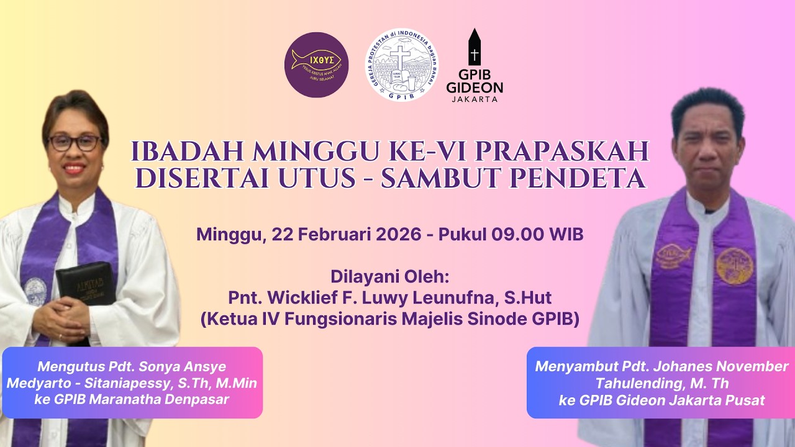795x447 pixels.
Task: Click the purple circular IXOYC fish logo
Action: coord(316,65)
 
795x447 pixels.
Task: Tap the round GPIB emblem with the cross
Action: coord(401,65)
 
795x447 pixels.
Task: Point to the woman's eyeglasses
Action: coord(75,143)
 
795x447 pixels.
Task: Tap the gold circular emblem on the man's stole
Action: coord(734,266)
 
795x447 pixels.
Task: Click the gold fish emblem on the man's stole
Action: coord(673,253)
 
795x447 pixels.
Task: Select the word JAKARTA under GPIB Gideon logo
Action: coord(475,99)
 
